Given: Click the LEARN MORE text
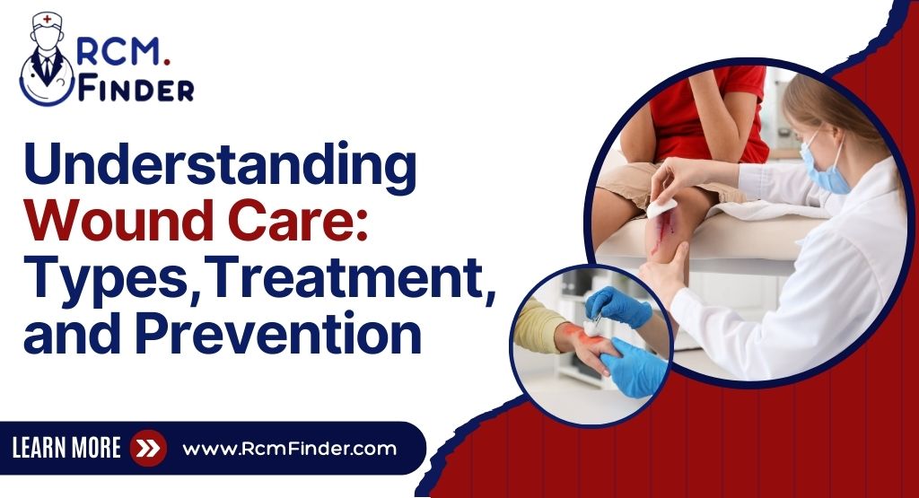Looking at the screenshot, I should click(x=66, y=448).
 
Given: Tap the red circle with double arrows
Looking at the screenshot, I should click(x=147, y=448).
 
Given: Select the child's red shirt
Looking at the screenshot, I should click(x=709, y=108).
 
